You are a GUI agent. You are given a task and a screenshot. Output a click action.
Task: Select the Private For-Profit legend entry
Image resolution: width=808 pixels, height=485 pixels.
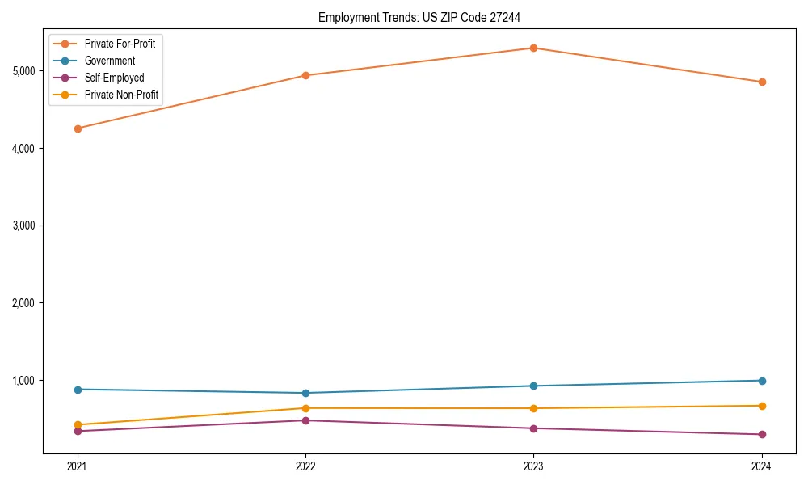click(120, 44)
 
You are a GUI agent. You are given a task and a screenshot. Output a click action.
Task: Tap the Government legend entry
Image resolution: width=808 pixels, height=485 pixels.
click(110, 61)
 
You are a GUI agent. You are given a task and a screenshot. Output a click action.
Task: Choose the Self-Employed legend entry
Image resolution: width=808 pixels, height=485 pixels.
click(114, 78)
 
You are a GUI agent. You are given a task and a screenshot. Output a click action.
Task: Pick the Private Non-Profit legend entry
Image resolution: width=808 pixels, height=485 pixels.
click(121, 95)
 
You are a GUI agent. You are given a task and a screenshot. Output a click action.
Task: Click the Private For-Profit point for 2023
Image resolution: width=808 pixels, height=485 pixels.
click(533, 48)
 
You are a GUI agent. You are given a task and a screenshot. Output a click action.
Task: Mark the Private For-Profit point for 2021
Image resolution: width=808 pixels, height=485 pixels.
click(78, 129)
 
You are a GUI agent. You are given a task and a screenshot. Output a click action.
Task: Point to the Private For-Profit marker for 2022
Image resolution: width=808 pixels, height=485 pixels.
click(305, 76)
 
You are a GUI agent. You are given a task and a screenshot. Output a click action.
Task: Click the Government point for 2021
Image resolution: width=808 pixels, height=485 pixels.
click(78, 390)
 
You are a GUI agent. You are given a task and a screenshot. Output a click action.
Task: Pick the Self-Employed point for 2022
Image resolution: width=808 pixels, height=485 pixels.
click(305, 420)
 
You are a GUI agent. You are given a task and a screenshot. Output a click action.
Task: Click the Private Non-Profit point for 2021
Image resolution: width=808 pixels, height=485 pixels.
click(78, 425)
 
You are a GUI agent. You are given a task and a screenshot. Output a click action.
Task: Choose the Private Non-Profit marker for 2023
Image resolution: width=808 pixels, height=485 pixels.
click(533, 408)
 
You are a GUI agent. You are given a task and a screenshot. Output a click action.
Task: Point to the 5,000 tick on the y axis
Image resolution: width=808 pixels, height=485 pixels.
click(23, 71)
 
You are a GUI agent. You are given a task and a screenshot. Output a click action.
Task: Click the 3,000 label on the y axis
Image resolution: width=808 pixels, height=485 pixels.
click(23, 226)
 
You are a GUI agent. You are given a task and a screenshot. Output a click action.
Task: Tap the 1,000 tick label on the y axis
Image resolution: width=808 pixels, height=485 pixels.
click(23, 381)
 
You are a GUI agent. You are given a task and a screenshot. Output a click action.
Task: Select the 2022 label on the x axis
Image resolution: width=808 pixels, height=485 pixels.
click(305, 466)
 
